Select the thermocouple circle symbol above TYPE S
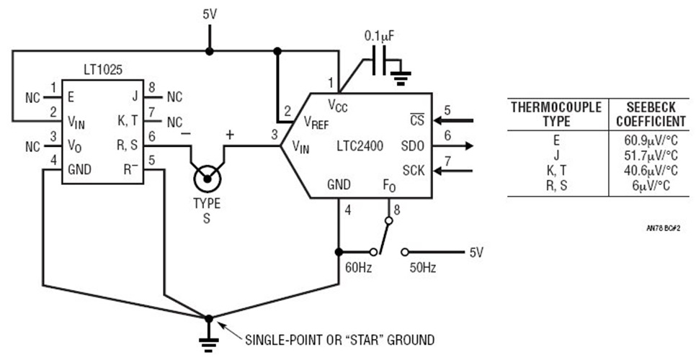click(x=207, y=175)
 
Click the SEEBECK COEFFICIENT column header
click(x=646, y=113)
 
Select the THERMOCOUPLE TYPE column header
click(x=556, y=113)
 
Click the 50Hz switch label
click(x=422, y=267)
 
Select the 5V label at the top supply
click(x=209, y=14)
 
